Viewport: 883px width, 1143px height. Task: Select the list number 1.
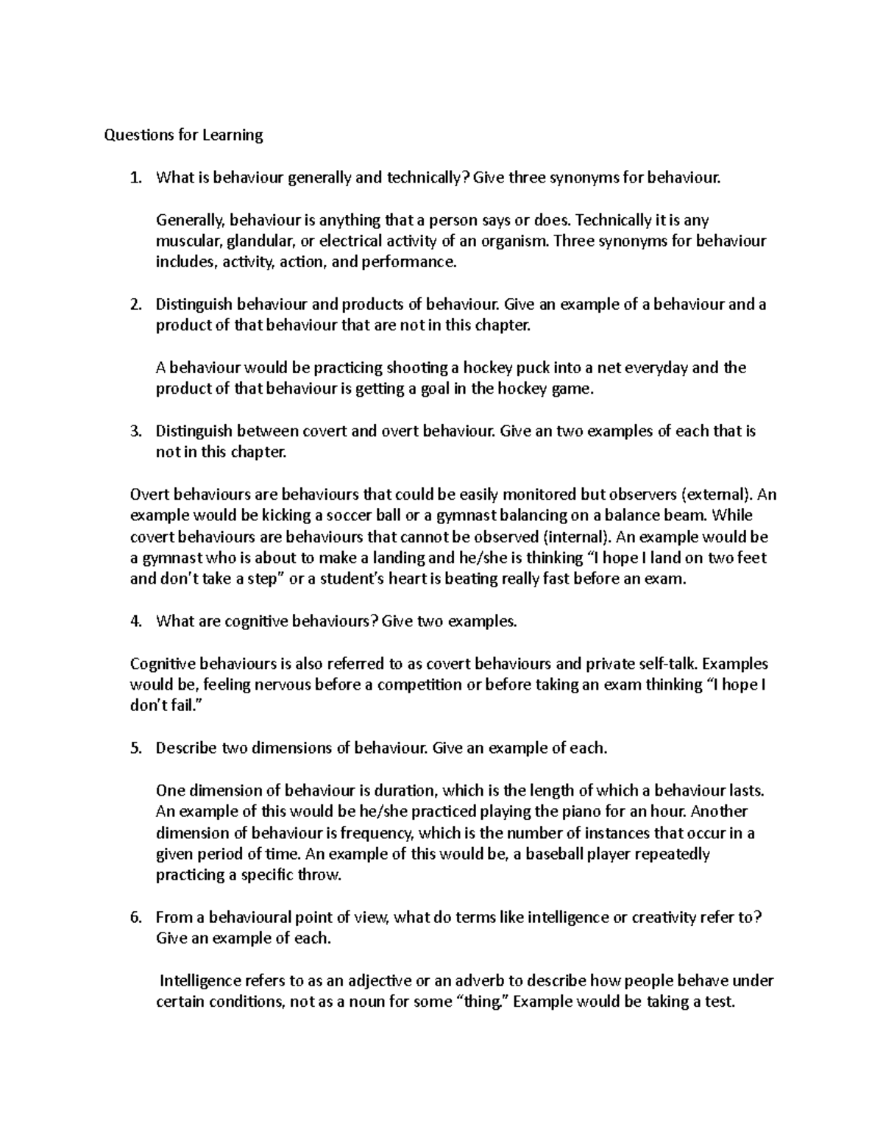pyautogui.click(x=134, y=177)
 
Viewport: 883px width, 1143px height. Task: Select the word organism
pyautogui.click(x=520, y=241)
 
